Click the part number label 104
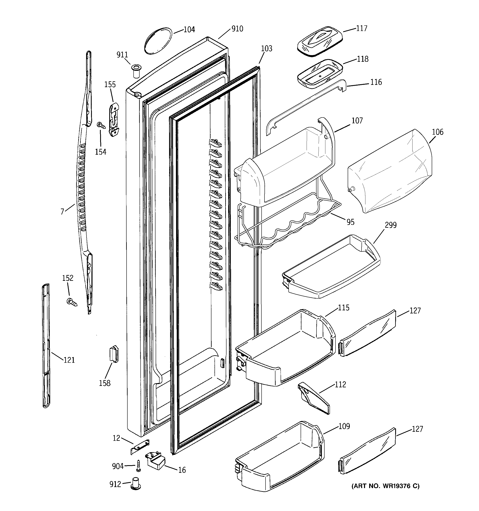[189, 30]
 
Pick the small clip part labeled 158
[114, 354]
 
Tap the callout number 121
[69, 360]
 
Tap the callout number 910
[237, 29]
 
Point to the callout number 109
[344, 426]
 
